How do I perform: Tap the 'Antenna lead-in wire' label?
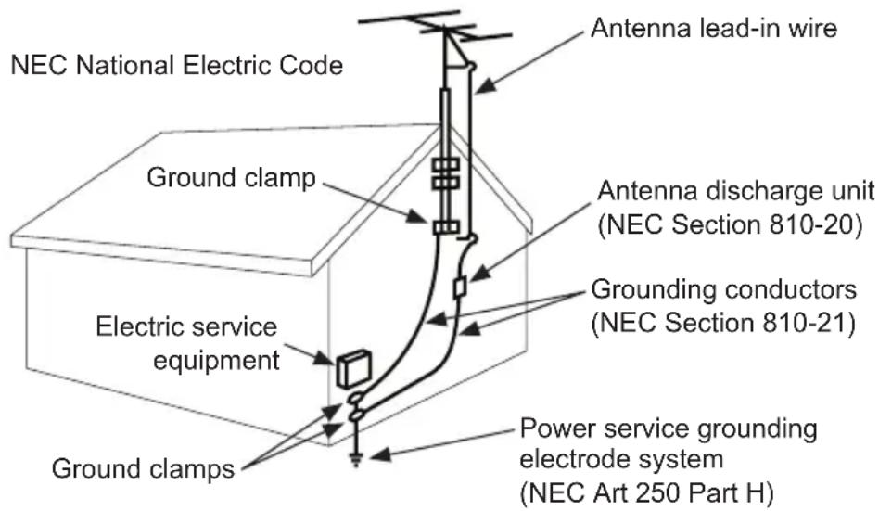point(714,29)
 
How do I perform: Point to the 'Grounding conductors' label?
point(724,290)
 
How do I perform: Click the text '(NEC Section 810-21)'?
point(721,324)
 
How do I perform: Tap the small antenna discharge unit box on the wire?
point(459,288)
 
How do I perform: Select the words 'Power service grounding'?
point(669,430)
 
